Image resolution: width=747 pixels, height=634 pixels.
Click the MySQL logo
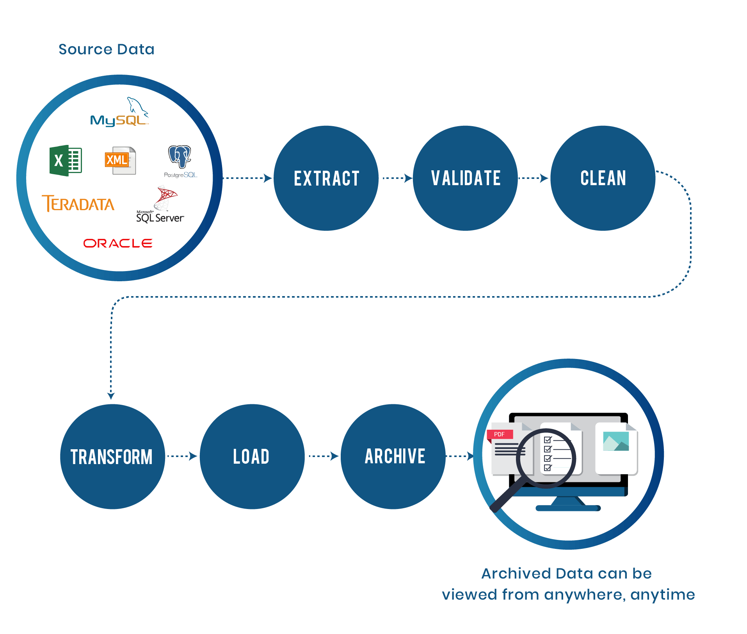point(119,113)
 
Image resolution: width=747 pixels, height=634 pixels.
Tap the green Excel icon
point(66,161)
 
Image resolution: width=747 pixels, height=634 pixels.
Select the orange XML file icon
point(120,161)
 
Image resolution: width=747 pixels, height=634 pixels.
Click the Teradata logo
point(78,204)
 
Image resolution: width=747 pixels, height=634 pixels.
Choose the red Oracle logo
point(117,243)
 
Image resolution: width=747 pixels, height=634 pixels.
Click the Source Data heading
point(106,50)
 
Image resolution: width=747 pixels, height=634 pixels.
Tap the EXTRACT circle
point(326,178)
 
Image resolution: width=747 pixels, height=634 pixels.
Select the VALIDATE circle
point(465,178)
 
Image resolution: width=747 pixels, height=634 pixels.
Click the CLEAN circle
point(603,178)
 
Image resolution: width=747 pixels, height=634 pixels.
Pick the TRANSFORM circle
point(112,457)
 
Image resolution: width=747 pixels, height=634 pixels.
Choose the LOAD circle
point(252,457)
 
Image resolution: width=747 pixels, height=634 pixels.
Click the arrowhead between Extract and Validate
point(408,178)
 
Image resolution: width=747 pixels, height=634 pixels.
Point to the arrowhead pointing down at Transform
point(111,396)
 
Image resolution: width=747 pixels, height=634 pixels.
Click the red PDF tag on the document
point(500,434)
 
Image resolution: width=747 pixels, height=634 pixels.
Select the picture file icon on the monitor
point(616,448)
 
